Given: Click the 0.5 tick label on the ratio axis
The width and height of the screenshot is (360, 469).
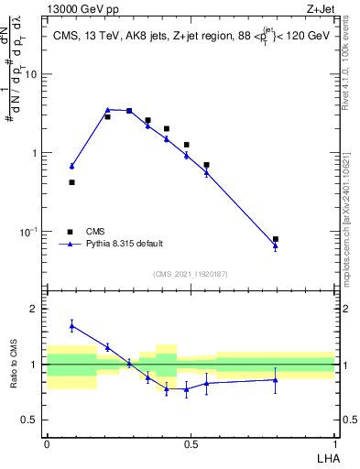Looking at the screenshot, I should click(x=34, y=420).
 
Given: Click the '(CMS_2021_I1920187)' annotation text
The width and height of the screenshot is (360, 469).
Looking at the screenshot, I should click(x=190, y=274).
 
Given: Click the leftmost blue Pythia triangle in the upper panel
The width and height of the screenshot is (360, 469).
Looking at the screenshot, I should click(x=71, y=166).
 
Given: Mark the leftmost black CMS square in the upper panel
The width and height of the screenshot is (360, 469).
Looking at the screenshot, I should click(x=71, y=182).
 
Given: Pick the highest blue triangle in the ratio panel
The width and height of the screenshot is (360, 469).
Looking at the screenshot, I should click(x=71, y=325).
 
